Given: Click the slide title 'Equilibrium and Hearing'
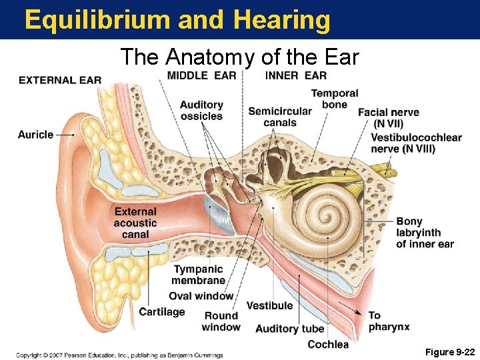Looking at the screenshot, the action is [177, 20].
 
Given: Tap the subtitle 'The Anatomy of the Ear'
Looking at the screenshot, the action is [239, 57].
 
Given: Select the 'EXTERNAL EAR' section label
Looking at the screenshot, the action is [60, 81].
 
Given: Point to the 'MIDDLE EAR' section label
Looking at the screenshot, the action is [201, 75].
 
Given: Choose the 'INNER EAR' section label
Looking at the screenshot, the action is [295, 75].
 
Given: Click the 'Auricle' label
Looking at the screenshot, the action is [35, 135].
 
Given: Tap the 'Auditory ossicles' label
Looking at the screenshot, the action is [201, 111].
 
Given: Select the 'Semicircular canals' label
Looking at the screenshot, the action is [279, 117].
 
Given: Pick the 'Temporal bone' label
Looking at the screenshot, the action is [334, 99].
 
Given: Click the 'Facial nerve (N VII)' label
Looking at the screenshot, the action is [388, 118].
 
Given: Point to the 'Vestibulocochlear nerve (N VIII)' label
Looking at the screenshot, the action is [416, 143].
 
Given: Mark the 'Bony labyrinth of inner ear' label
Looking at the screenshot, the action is [425, 233].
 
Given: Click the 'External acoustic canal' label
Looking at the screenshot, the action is [135, 223].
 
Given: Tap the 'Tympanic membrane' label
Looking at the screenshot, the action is [198, 275].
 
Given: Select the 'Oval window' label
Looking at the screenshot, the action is [201, 296].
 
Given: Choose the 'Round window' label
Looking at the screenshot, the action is [221, 321].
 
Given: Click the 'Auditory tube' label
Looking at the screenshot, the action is [289, 328].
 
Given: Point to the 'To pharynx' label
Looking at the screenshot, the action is [389, 321].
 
